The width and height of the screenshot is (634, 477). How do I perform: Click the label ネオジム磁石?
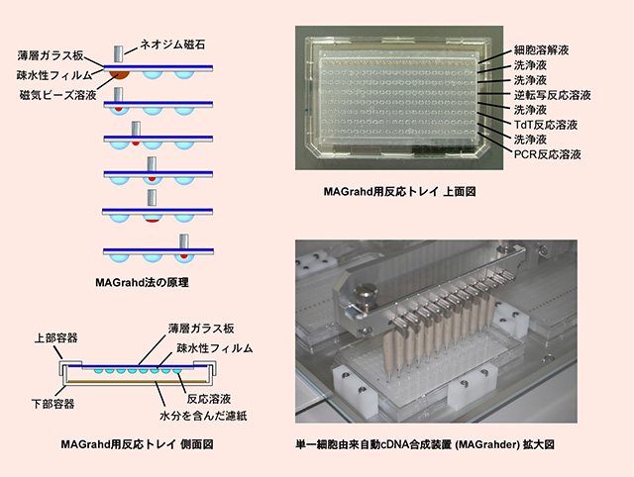point(172,44)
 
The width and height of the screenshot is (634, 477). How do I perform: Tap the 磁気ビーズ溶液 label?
point(58,95)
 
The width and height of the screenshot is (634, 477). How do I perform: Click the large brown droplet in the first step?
point(120,75)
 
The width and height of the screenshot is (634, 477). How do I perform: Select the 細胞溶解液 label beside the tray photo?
point(542,50)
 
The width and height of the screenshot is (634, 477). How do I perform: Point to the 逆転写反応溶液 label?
point(553,95)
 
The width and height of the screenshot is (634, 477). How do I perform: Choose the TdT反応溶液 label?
point(546,125)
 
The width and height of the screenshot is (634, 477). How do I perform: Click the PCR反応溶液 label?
point(548,154)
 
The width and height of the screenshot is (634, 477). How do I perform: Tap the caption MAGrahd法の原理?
point(142,282)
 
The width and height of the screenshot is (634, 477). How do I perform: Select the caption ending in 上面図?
point(399,191)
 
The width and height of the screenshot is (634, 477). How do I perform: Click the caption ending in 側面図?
point(137,444)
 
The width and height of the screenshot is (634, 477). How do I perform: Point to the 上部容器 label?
point(55,338)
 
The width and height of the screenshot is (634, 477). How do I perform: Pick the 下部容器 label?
point(53,404)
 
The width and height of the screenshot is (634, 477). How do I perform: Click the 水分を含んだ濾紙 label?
point(203,416)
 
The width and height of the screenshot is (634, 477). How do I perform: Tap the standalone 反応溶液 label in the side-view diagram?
point(209,399)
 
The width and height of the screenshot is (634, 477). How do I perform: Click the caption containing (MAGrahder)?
point(425,444)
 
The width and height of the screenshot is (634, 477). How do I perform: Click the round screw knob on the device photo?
point(366,293)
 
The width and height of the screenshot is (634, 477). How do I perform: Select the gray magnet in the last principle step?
point(184,241)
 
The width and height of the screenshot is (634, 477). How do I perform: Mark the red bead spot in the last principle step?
point(184,256)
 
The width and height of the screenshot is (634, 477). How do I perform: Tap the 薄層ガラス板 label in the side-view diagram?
point(201,329)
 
